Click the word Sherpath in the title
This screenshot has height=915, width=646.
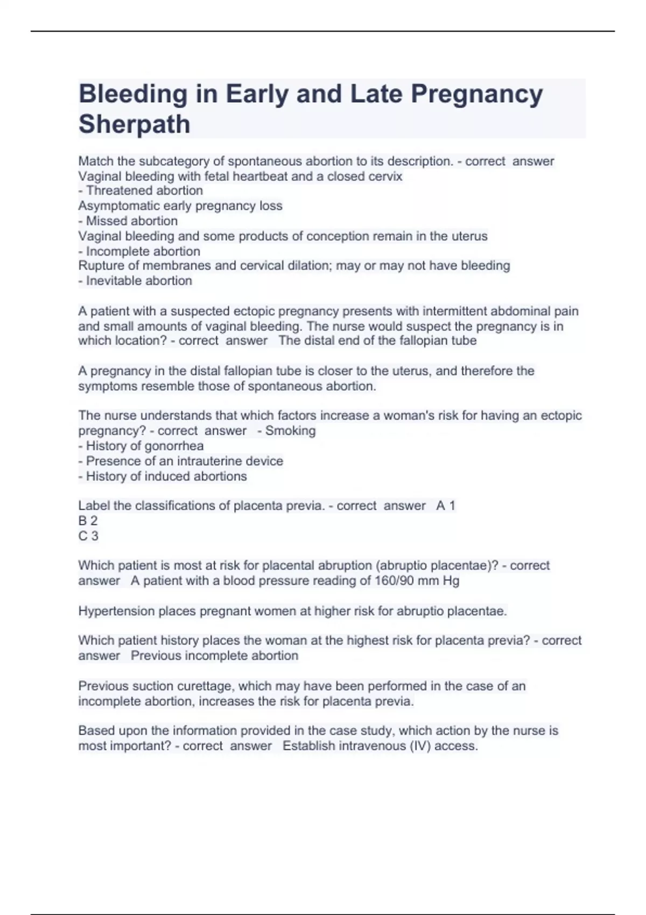135,124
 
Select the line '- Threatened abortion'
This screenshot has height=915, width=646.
141,191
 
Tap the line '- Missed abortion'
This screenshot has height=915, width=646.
128,221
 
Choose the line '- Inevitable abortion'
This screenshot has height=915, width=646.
135,280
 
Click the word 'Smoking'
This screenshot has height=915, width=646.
290,431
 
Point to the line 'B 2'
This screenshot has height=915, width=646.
88,520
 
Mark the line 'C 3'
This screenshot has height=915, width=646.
88,536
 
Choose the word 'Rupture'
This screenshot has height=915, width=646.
100,265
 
